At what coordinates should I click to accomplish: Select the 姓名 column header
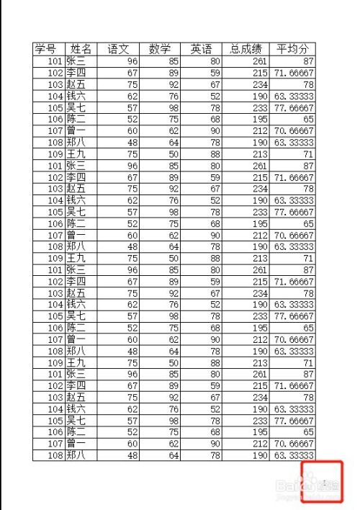(x=81, y=49)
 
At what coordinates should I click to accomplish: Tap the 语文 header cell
(x=118, y=49)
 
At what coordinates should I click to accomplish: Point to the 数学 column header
(x=160, y=49)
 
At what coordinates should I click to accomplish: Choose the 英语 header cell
(x=202, y=49)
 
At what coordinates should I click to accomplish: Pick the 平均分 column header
(x=293, y=49)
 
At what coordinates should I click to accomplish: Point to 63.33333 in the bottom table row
(x=293, y=455)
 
